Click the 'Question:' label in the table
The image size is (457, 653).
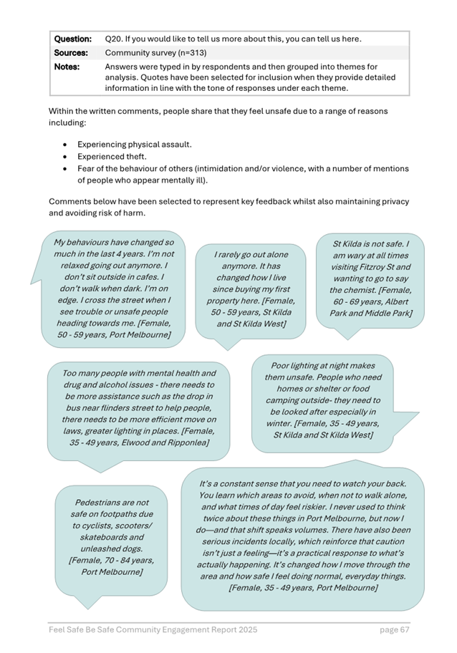pyautogui.click(x=73, y=38)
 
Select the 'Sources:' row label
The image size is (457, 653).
pyautogui.click(x=72, y=52)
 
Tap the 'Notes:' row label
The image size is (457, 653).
pyautogui.click(x=68, y=67)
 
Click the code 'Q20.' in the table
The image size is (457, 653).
pyautogui.click(x=115, y=38)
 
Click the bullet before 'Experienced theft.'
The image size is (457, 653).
pyautogui.click(x=65, y=156)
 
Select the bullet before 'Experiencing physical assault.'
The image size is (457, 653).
pyautogui.click(x=65, y=144)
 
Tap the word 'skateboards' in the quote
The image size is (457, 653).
pyautogui.click(x=111, y=537)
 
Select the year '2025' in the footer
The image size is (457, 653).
pyautogui.click(x=244, y=629)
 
